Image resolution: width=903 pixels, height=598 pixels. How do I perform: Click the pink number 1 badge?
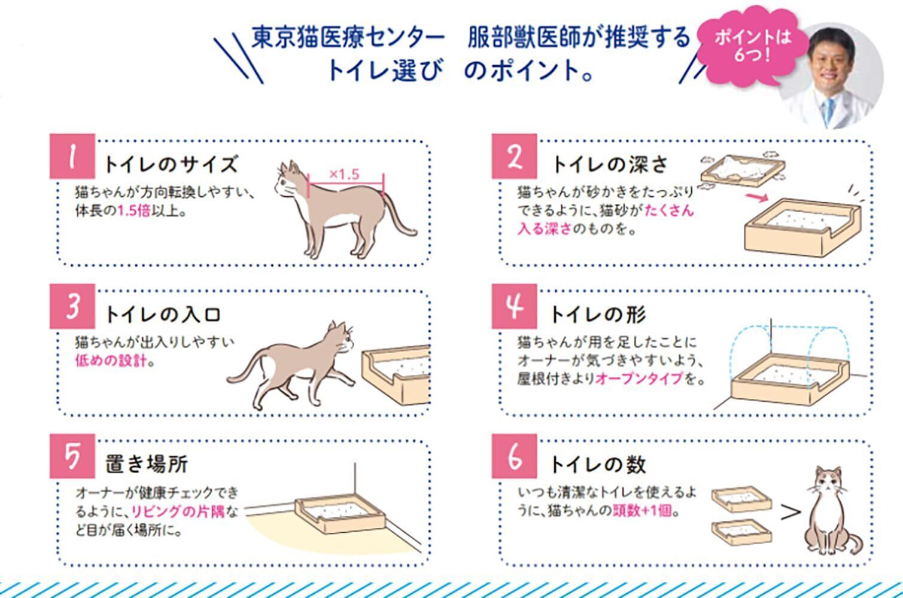72,156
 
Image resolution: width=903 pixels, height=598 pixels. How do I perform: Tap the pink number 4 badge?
514,306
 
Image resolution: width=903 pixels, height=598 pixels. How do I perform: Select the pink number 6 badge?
514,456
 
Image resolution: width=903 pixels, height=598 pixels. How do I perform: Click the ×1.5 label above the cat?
344,174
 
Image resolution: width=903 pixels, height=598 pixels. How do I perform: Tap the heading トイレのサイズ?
171,164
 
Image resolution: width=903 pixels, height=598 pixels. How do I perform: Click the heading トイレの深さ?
610,164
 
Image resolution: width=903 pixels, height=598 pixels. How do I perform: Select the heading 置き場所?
147,464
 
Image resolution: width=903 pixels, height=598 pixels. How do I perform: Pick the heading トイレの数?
598,464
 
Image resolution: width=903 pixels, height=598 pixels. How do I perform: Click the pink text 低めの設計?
111,360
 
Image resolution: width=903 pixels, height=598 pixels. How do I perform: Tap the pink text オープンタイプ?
640,378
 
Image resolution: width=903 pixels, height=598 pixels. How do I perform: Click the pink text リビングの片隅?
178,511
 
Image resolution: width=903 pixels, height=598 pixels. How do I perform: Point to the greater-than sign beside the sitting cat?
790,512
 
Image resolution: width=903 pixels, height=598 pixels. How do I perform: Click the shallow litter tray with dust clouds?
743,171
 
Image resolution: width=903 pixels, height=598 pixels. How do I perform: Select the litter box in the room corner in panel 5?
340,514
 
